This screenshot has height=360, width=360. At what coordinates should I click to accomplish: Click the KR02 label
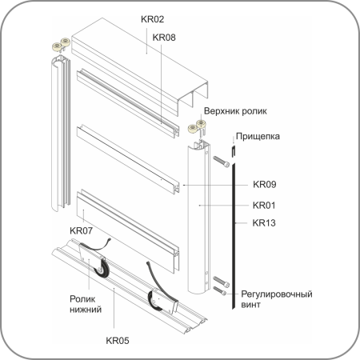[152, 19]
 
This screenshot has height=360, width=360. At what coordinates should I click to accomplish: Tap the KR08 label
[164, 38]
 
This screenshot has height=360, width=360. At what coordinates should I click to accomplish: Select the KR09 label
[265, 184]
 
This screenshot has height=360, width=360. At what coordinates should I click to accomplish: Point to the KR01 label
[264, 206]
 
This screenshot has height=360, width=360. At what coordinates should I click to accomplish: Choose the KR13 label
[264, 223]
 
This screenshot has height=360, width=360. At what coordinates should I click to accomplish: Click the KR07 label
[81, 230]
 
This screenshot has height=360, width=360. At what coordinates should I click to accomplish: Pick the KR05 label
[118, 341]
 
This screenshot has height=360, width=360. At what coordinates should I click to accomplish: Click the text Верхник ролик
[235, 111]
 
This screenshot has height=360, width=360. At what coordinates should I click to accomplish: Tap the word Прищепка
[258, 137]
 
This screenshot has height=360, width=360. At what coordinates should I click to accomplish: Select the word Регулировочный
[277, 294]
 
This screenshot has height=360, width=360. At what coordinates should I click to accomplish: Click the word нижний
[86, 310]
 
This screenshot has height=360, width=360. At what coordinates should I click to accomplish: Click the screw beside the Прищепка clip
[222, 162]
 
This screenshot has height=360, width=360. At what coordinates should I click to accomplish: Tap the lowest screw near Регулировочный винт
[220, 290]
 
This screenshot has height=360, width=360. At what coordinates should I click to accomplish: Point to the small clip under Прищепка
[234, 151]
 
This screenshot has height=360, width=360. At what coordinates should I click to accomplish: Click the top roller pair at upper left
[61, 45]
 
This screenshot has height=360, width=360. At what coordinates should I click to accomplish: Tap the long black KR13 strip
[234, 237]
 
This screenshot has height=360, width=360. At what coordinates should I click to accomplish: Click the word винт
[250, 305]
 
